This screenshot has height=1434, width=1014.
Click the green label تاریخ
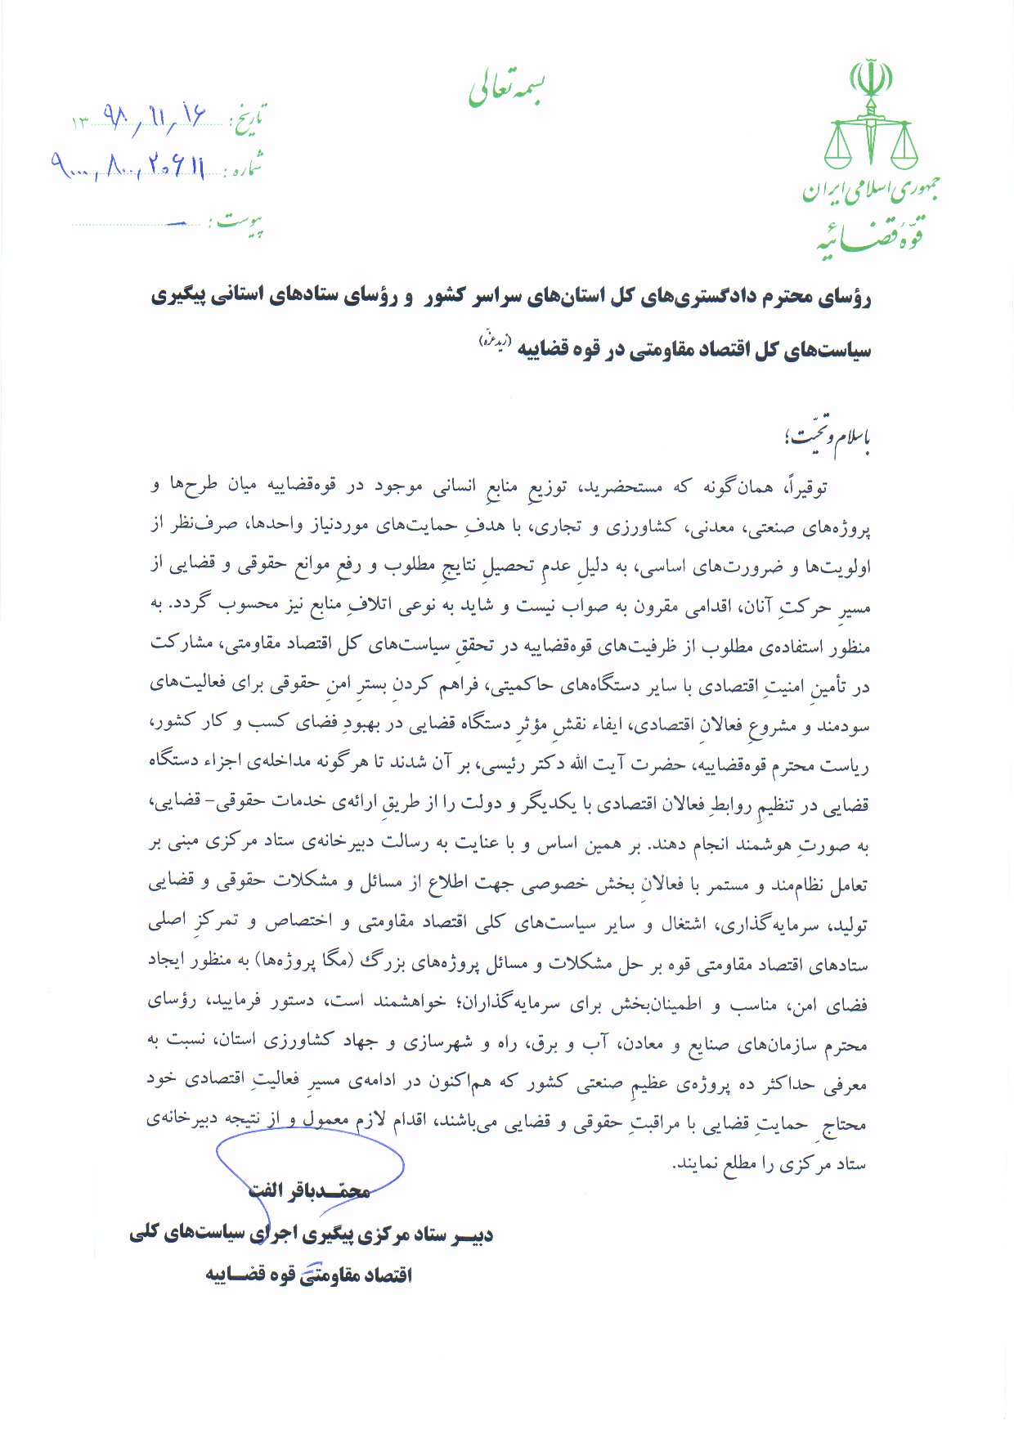[x=250, y=120]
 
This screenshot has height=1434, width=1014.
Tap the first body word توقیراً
[x=805, y=488]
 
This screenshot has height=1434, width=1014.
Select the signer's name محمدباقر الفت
[x=309, y=1190]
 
